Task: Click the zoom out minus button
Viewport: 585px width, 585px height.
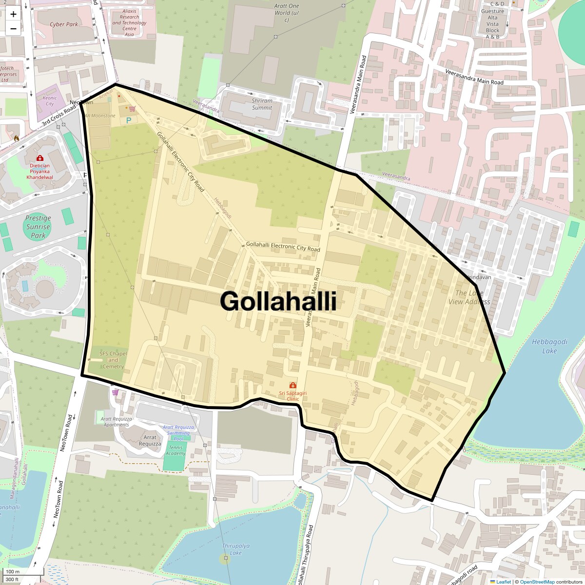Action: (x=13, y=29)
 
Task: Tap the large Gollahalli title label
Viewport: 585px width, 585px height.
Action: (x=278, y=301)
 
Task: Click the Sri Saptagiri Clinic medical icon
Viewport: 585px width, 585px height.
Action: (x=292, y=386)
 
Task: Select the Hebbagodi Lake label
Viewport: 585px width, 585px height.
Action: (x=549, y=346)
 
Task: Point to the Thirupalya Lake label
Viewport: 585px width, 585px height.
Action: (x=235, y=549)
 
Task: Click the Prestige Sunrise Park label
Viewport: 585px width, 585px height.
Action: (x=38, y=227)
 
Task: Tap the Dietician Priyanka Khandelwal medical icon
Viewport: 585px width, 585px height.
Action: (x=39, y=158)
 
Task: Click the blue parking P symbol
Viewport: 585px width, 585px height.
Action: (x=129, y=120)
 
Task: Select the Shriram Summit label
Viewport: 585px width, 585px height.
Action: (x=262, y=104)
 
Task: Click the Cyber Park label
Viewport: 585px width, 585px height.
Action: (x=64, y=24)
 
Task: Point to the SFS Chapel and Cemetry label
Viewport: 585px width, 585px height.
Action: (x=113, y=360)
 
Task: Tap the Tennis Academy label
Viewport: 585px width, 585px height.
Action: (x=175, y=450)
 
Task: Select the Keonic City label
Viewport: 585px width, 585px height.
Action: (x=50, y=100)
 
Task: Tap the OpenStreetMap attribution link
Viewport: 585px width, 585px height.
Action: (x=537, y=582)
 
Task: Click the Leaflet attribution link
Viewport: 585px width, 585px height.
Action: (x=503, y=582)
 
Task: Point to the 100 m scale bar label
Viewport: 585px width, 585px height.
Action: (x=13, y=571)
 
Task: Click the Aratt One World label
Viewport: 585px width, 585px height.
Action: (x=287, y=13)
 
